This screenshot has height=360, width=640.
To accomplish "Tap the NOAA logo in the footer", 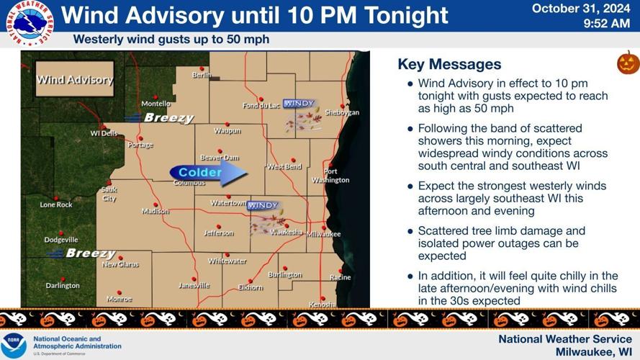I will point(14,345).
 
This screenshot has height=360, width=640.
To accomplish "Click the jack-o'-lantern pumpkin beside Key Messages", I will point(628,63).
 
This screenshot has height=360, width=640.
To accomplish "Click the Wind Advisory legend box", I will point(75,79).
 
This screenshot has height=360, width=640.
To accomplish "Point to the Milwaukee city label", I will point(324,235).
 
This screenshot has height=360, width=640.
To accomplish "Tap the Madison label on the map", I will point(156,211).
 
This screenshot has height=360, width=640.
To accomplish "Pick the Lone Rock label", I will point(56,204).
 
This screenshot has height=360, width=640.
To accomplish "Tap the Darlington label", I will point(63,286).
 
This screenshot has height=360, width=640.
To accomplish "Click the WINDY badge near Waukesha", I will point(263,206).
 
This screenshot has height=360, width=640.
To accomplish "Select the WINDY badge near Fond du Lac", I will point(299,104).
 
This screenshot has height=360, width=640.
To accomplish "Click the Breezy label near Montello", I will point(168,117).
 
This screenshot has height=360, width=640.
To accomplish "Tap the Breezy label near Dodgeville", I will point(90,253).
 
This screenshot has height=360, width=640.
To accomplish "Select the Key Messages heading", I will point(449,65).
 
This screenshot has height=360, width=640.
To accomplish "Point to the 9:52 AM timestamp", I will point(607,24).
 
